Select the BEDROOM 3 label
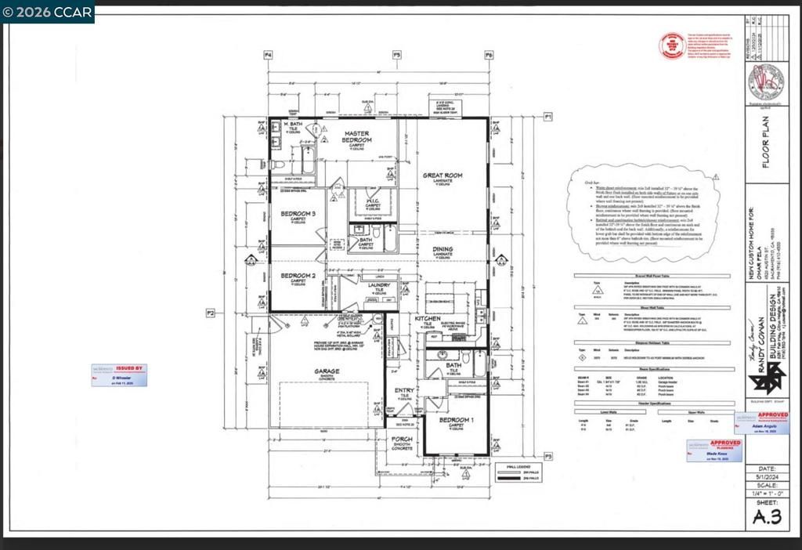click(298, 213)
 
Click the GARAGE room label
click(327, 371)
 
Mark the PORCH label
click(402, 440)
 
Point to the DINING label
click(443, 250)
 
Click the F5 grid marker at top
click(396, 55)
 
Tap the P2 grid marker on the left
click(211, 313)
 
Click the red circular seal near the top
click(672, 45)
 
